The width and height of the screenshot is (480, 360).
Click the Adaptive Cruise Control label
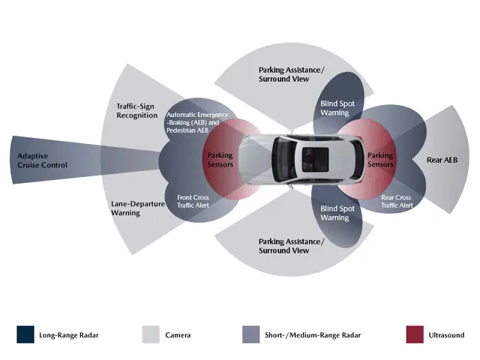pyautogui.click(x=42, y=160)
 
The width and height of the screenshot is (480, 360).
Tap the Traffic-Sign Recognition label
pyautogui.click(x=136, y=112)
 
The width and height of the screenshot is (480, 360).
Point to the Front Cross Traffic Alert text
pyautogui.click(x=193, y=201)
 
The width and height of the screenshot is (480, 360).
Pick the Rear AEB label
pyautogui.click(x=442, y=160)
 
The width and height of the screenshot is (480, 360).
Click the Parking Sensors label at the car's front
pyautogui.click(x=220, y=160)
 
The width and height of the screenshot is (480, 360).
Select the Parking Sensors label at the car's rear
pyautogui.click(x=380, y=160)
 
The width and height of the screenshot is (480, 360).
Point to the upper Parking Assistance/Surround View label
pyautogui.click(x=291, y=73)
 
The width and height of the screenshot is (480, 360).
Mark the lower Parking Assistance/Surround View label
pyautogui.click(x=291, y=246)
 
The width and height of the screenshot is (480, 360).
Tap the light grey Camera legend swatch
pyautogui.click(x=151, y=334)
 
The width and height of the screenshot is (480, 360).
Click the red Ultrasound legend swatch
pyautogui.click(x=414, y=334)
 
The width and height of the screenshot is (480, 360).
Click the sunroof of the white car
pyautogui.click(x=314, y=158)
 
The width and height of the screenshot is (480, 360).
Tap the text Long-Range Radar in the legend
pyautogui.click(x=68, y=335)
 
